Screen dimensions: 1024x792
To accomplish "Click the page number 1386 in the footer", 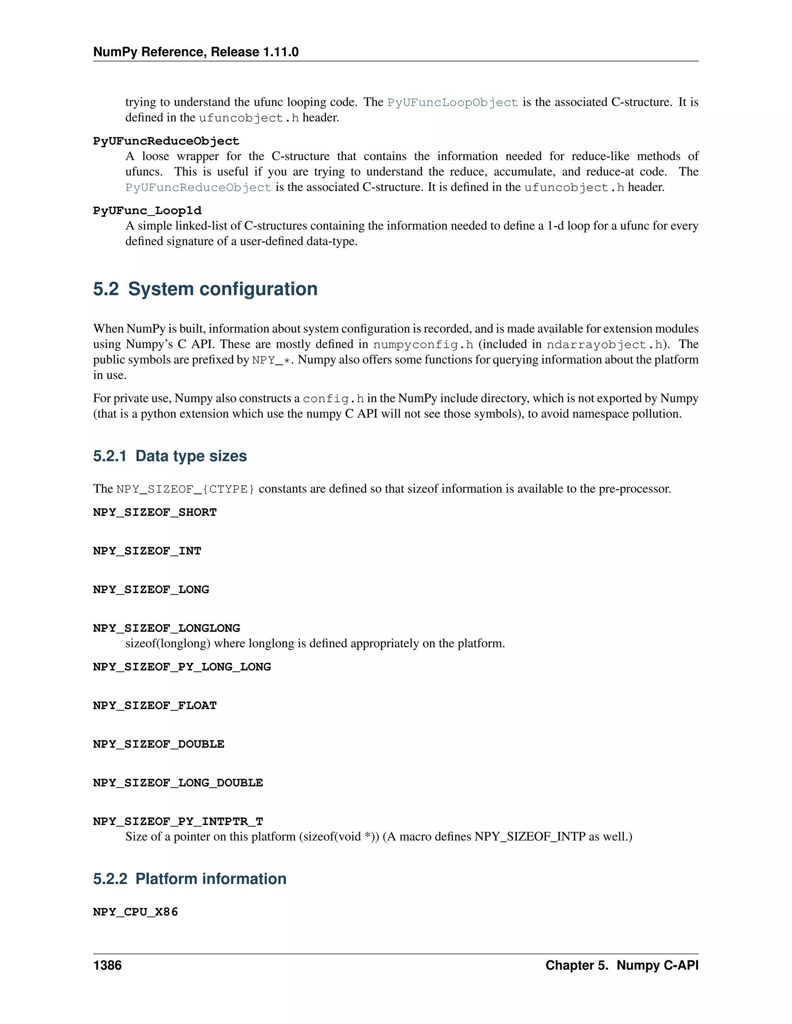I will point(108,965).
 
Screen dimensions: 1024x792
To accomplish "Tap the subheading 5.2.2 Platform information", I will point(189,879).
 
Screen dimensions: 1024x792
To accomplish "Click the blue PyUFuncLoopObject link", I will point(452,102).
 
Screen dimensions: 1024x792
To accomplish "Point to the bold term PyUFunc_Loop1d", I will point(147,211).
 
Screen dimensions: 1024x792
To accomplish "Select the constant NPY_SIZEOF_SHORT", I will point(155,512).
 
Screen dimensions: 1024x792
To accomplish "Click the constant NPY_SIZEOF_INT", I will point(147,551).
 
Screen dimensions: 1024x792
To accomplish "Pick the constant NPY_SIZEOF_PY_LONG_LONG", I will point(182,667).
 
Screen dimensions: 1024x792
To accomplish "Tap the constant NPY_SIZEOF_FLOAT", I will point(155,705).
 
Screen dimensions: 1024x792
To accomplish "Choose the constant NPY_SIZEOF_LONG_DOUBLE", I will point(178,782).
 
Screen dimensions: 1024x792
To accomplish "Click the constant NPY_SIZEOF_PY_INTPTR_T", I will point(178,822).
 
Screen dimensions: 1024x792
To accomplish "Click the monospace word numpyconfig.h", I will point(423,345).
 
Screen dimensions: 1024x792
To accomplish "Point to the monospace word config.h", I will point(333,398).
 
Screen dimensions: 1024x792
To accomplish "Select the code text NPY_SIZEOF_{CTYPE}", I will point(185,489).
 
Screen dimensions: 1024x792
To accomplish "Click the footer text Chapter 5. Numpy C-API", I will point(622,965).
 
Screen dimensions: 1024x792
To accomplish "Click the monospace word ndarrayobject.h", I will point(604,345).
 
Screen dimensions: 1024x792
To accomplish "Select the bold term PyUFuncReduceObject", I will point(166,141).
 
